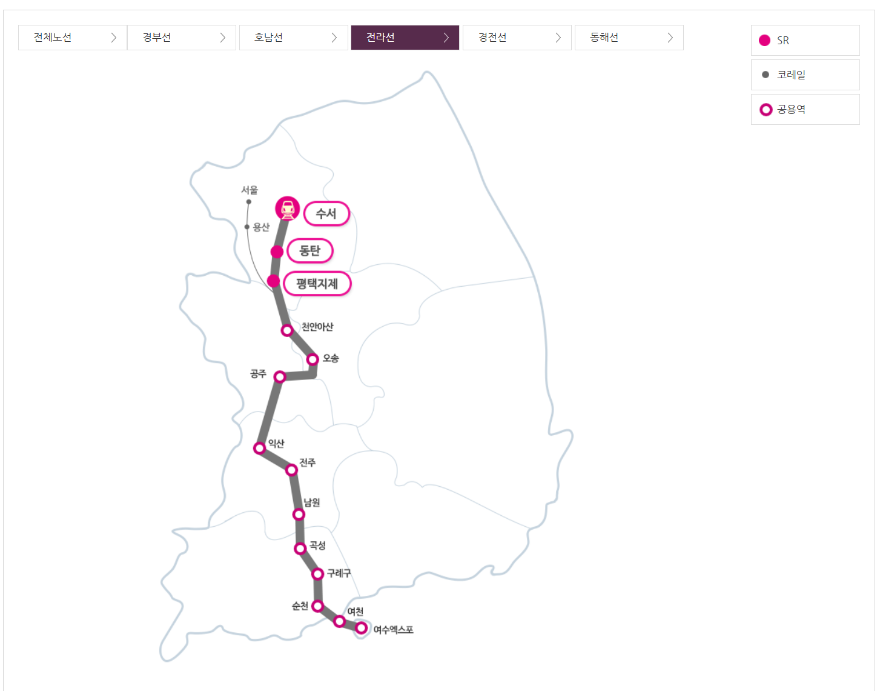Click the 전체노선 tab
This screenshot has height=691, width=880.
73,38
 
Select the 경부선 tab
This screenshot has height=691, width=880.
182,38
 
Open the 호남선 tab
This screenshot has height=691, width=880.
294,38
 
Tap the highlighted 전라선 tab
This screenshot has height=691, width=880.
405,38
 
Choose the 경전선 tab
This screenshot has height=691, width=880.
517,38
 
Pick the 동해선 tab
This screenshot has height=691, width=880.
629,38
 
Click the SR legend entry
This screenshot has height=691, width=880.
805,41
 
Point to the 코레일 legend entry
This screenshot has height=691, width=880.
805,75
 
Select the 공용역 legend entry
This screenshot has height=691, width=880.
805,110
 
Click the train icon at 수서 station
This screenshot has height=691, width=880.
288,209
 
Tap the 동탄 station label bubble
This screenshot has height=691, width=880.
310,251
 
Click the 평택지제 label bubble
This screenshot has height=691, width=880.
317,284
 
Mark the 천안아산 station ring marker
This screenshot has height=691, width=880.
287,330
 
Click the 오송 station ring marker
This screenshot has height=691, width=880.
313,359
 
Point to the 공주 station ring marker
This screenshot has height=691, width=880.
280,377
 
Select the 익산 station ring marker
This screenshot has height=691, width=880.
260,448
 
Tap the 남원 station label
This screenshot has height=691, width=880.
312,502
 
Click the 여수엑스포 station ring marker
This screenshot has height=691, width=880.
362,628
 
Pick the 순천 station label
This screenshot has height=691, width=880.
300,606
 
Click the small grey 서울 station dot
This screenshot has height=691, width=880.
249,202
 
